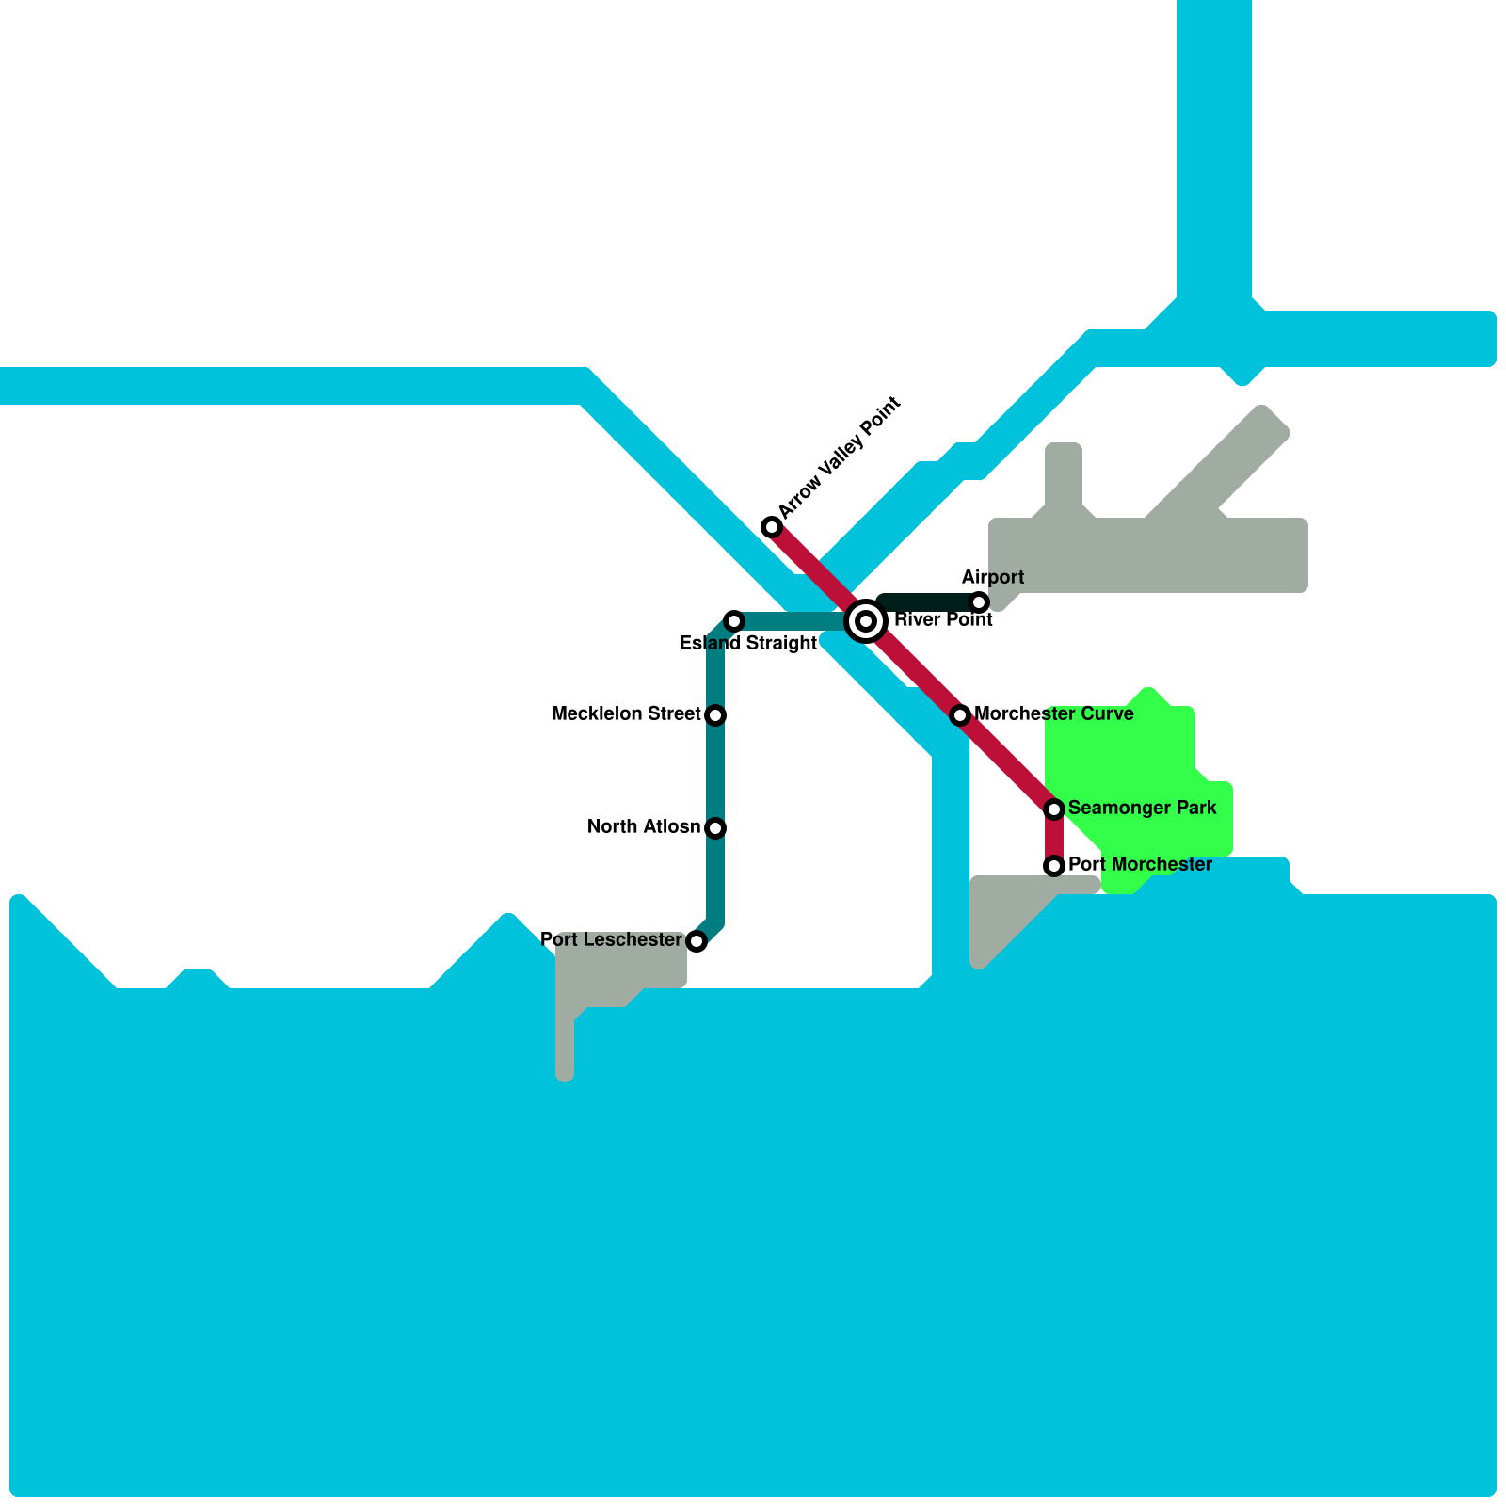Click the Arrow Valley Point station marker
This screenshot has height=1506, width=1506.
[x=772, y=527]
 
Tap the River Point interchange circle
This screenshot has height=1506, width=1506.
[x=866, y=621]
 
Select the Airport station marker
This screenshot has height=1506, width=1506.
[x=979, y=602]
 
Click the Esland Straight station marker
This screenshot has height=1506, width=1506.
[x=734, y=621]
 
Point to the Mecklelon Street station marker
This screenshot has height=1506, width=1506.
[x=715, y=715]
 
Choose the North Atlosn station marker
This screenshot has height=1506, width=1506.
[x=715, y=828]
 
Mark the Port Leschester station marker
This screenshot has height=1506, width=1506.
[x=697, y=941]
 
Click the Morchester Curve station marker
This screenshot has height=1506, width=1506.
[x=960, y=715]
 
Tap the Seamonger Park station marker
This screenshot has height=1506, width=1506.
[x=1054, y=809]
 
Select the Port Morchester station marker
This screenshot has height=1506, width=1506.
[x=1054, y=866]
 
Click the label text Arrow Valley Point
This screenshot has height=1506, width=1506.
[x=840, y=457]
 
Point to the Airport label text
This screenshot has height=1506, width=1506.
[x=993, y=577]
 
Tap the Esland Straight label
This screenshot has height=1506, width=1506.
[x=748, y=644]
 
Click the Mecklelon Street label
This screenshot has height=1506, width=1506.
[x=626, y=714]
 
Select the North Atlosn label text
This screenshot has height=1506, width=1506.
[x=644, y=827]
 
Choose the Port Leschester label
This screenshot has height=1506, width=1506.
[x=611, y=940]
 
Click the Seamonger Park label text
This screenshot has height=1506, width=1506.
[x=1142, y=809]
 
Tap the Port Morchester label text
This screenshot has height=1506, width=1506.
[x=1140, y=865]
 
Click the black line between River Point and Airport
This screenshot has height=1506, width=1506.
[x=927, y=602]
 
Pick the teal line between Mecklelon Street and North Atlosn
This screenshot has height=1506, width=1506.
[x=715, y=772]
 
